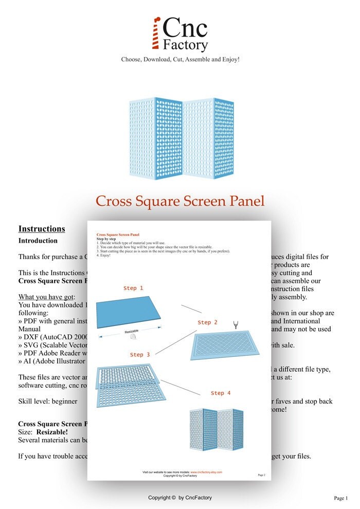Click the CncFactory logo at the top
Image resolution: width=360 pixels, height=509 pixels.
pyautogui.click(x=180, y=34)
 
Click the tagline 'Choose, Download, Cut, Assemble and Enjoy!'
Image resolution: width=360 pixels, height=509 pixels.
pyautogui.click(x=180, y=59)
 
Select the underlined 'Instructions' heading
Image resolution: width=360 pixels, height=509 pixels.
pyautogui.click(x=42, y=229)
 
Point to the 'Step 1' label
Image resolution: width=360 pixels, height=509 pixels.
pyautogui.click(x=133, y=288)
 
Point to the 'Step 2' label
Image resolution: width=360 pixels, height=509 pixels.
pyautogui.click(x=207, y=322)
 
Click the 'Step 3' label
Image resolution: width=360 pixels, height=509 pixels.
pyautogui.click(x=140, y=355)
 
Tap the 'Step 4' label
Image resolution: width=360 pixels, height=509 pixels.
pyautogui.click(x=221, y=393)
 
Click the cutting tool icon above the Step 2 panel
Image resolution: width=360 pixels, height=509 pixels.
pyautogui.click(x=236, y=324)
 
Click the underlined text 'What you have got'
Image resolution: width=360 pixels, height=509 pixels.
pyautogui.click(x=46, y=297)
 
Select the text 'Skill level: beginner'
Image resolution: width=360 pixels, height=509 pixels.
pyautogui.click(x=48, y=401)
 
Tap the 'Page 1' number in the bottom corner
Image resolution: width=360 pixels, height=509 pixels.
pyautogui.click(x=340, y=498)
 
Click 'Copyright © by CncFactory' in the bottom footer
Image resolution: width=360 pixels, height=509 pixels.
pyautogui.click(x=180, y=498)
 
